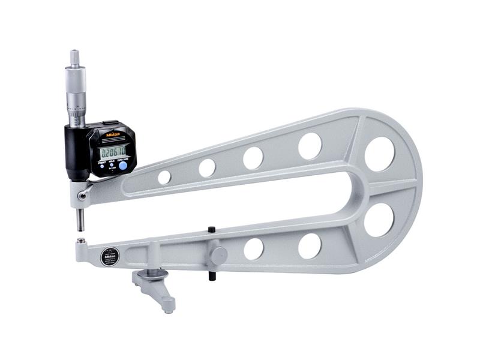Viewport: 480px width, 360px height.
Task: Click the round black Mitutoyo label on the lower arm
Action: coord(109,256)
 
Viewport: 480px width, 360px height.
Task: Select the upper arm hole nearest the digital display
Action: coord(164,177)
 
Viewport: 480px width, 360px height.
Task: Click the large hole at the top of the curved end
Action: coord(380,154)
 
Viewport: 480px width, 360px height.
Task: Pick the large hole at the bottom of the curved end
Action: coord(379,220)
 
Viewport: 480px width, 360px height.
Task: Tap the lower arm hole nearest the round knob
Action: coord(253,248)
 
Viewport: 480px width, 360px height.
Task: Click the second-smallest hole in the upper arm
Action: coord(207,168)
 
